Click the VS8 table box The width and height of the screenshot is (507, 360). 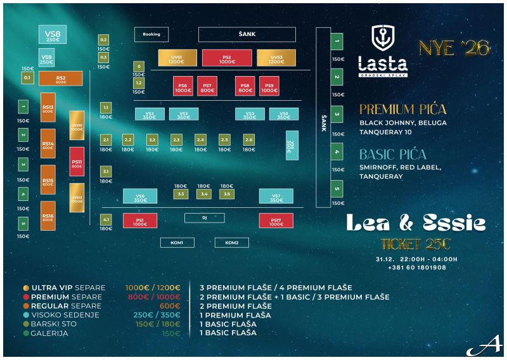coord(53,35)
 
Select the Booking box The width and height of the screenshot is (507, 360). coord(151,34)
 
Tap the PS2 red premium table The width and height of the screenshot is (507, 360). coord(227,58)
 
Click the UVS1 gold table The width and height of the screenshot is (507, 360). coord(177,58)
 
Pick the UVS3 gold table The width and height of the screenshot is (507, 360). coord(276,58)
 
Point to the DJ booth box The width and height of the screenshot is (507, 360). coord(204,218)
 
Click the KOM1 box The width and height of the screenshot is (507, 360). coord(177,243)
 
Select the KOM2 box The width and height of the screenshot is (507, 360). coord(231,243)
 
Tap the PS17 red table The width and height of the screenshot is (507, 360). coord(276,221)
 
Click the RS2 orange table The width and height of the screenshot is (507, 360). coord(61,79)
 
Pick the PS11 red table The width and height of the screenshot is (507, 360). coord(77,162)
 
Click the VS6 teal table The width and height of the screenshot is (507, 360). coord(140,196)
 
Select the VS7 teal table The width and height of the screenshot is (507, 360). coord(276,196)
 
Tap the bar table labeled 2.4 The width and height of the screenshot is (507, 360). coord(200,139)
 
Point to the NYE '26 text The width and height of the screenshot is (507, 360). coord(454,48)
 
